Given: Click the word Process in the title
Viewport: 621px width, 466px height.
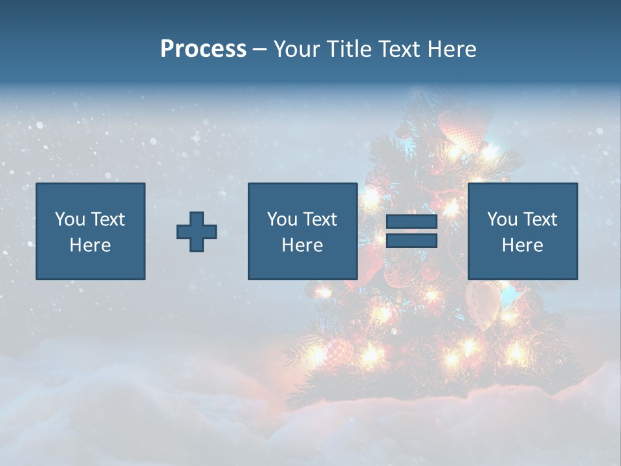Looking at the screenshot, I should pyautogui.click(x=203, y=49).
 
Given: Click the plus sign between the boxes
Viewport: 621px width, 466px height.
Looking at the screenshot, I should pyautogui.click(x=197, y=232).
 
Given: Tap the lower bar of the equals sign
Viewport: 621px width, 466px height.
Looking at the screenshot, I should pyautogui.click(x=411, y=241).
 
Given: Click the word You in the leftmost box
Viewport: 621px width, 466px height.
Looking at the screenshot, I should pyautogui.click(x=70, y=219).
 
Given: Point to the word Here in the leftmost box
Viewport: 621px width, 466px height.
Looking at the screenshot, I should pyautogui.click(x=90, y=245).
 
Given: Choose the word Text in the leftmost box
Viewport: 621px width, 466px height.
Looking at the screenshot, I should pyautogui.click(x=107, y=219).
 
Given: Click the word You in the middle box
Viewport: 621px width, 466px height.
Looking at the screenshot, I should pyautogui.click(x=282, y=219).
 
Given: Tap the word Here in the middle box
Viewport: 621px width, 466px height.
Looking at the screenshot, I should pyautogui.click(x=302, y=245).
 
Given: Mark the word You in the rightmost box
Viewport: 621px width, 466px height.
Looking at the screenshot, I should pyautogui.click(x=502, y=219).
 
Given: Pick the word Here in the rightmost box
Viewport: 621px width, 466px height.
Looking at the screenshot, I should pyautogui.click(x=522, y=245).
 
